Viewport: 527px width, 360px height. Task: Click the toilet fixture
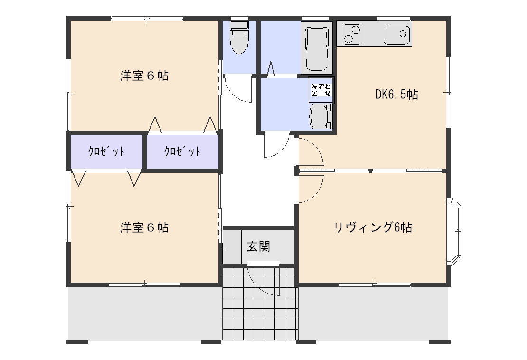[239, 37]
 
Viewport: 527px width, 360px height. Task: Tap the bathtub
[317, 49]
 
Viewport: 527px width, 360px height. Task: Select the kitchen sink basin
[397, 34]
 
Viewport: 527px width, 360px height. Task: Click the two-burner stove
[352, 34]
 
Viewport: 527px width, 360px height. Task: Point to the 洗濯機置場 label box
[321, 90]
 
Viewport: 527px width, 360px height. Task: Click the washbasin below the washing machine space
[320, 117]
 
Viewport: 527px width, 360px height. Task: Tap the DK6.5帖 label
[396, 95]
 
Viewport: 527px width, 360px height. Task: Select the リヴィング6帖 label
[373, 227]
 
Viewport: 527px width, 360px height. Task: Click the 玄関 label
[258, 246]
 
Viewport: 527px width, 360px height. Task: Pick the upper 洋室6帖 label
[144, 76]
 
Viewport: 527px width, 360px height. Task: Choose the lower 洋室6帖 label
[144, 227]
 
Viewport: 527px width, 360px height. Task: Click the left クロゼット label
[106, 152]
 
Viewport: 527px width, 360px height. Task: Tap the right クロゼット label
[182, 152]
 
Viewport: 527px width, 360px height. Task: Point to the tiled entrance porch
[260, 303]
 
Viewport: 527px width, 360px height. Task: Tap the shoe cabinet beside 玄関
[232, 246]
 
